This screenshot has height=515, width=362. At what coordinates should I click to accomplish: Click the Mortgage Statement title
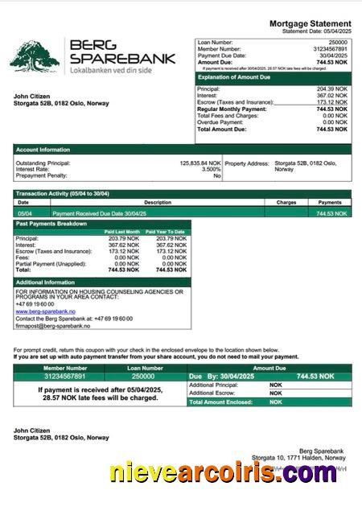[310, 23]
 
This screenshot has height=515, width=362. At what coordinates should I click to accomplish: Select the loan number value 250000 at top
[338, 42]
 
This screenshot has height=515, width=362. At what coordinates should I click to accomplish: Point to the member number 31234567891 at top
[330, 48]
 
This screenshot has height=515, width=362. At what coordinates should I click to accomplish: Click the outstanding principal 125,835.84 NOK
[200, 163]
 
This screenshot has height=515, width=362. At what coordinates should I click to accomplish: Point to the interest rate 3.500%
[211, 169]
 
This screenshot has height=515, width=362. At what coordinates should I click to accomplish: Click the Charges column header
[286, 203]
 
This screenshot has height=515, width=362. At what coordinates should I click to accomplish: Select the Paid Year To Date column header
[165, 232]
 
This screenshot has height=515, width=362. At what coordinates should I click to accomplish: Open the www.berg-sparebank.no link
[45, 311]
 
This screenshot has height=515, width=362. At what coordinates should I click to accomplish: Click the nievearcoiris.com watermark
[224, 473]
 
